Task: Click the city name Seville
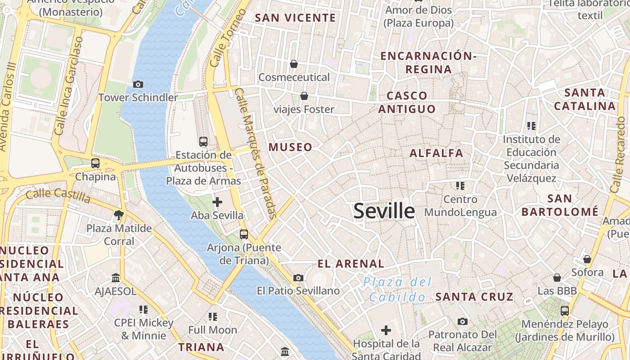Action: click(384, 211)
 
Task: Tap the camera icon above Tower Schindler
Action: click(138, 84)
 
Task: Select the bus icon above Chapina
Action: click(95, 163)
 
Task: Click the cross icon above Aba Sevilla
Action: click(217, 202)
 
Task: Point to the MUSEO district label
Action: click(290, 147)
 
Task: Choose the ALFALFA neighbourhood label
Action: click(436, 153)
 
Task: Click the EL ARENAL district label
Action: click(351, 264)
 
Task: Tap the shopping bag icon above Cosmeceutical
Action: click(294, 64)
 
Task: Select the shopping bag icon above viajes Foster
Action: click(304, 96)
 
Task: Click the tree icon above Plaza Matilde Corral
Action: click(119, 215)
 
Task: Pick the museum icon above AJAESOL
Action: click(116, 278)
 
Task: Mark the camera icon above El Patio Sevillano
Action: click(298, 278)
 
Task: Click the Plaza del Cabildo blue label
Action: click(397, 289)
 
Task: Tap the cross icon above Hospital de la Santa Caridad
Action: click(386, 331)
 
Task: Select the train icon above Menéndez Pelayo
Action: click(564, 310)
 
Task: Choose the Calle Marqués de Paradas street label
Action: click(255, 153)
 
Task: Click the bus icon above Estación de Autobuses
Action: click(203, 142)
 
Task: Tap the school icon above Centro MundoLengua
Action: click(460, 185)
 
